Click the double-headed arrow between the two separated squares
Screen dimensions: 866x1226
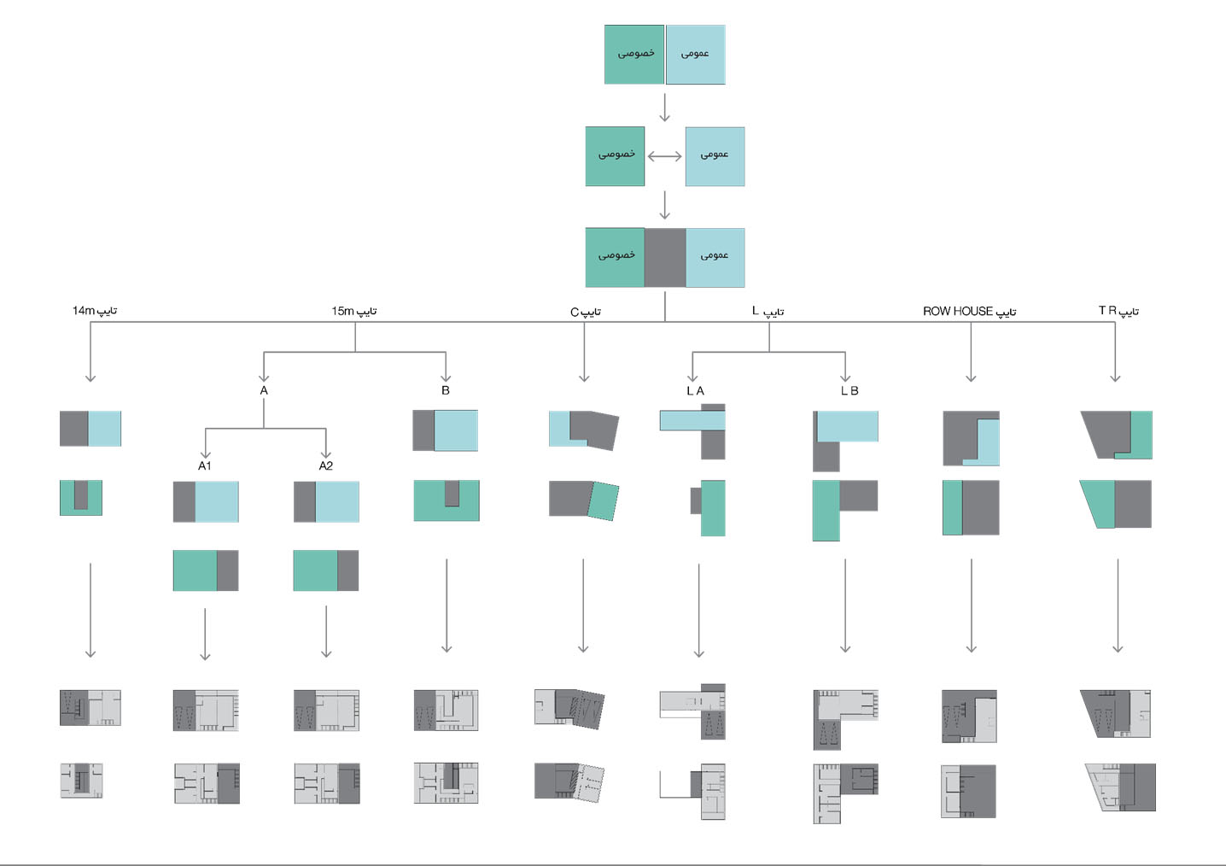click(x=664, y=156)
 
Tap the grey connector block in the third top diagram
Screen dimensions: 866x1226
click(x=665, y=257)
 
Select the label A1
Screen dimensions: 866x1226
click(x=205, y=465)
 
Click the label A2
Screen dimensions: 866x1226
click(x=326, y=465)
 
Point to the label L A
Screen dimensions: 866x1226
click(x=695, y=390)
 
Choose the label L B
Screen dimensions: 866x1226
click(x=849, y=390)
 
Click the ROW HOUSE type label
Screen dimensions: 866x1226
click(x=969, y=311)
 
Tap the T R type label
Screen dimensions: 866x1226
click(x=1118, y=310)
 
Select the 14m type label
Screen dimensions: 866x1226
click(x=95, y=310)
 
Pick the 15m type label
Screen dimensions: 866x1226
click(x=354, y=311)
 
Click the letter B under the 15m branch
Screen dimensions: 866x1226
click(x=446, y=390)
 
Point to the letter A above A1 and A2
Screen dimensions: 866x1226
click(x=264, y=390)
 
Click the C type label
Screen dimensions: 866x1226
click(x=586, y=312)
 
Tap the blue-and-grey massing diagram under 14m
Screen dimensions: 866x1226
click(x=90, y=429)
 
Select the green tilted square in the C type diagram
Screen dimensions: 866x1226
click(x=603, y=501)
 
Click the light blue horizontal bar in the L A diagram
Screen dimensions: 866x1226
click(x=692, y=420)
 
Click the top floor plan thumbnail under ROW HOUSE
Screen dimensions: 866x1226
click(x=970, y=717)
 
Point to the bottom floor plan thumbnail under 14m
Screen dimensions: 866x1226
click(x=82, y=781)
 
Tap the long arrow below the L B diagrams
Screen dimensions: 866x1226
click(x=845, y=606)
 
